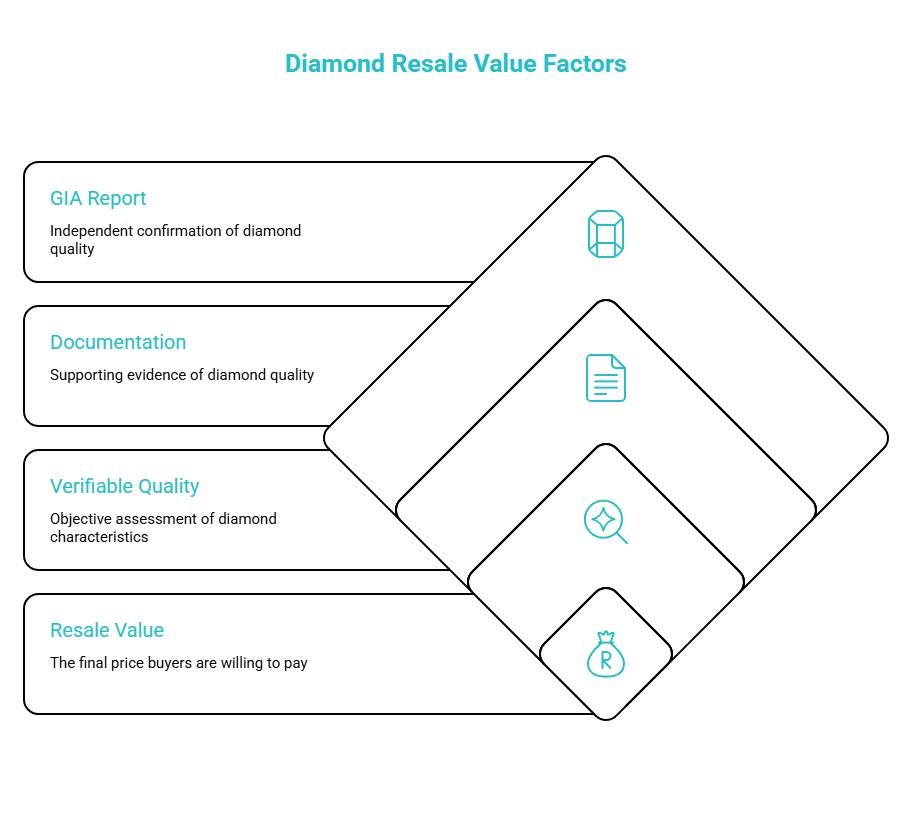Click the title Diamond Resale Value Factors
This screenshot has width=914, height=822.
click(455, 64)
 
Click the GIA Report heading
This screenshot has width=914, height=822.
click(98, 198)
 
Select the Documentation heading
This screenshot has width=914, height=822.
click(118, 342)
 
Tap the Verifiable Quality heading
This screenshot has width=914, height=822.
click(125, 486)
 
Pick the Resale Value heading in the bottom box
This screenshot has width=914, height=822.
click(107, 630)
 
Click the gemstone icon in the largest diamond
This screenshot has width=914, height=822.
click(606, 234)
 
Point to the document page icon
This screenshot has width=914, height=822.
click(606, 378)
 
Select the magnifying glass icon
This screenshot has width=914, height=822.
click(606, 522)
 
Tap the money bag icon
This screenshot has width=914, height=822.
click(606, 654)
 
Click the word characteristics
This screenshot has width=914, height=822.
click(99, 537)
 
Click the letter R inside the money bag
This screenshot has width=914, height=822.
click(606, 659)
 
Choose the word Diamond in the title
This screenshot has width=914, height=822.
click(335, 64)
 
